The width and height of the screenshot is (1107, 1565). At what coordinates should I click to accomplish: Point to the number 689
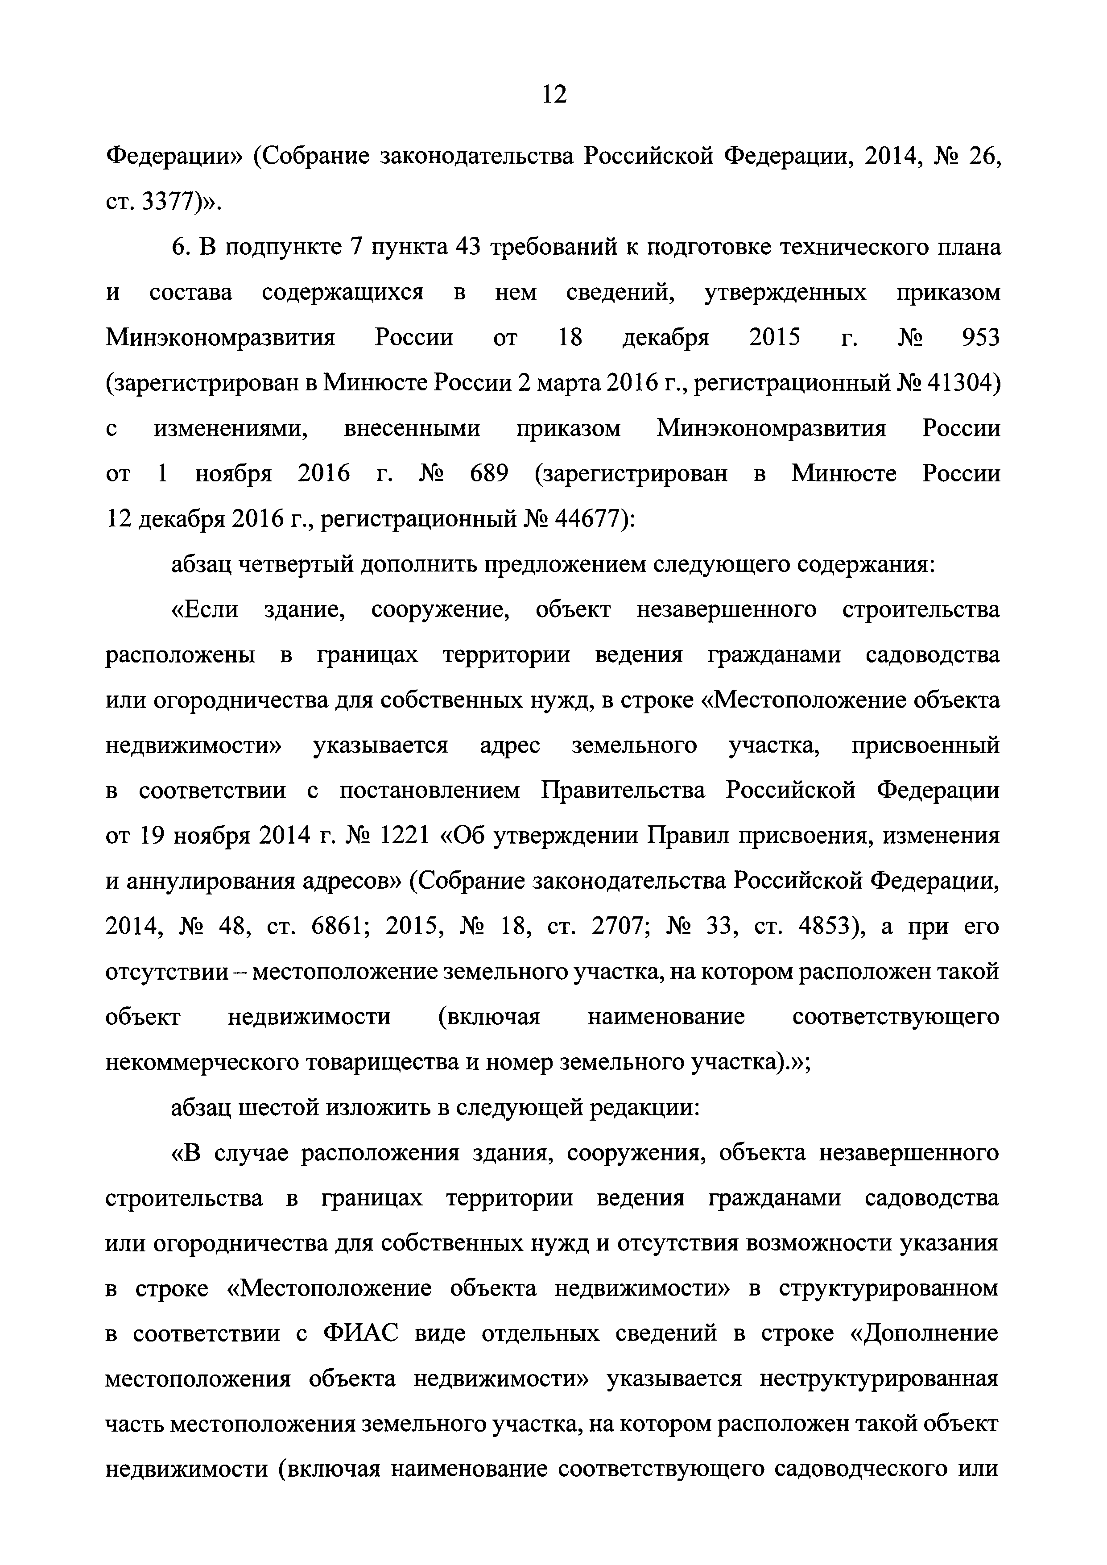click(x=489, y=474)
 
